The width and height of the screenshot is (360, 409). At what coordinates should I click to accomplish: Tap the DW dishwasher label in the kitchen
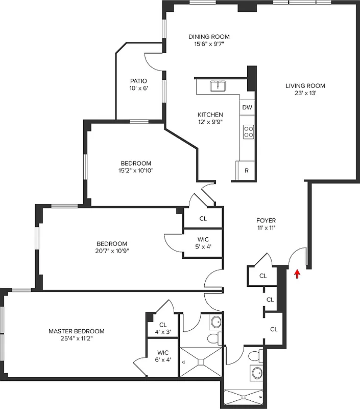coord(247,107)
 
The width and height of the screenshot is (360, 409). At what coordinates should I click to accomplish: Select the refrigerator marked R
coord(246,171)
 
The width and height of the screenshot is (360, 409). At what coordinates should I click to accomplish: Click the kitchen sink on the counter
coord(219,85)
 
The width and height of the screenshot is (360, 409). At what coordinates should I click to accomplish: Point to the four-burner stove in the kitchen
coord(248,132)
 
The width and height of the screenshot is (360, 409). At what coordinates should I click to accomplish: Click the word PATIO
coord(138,81)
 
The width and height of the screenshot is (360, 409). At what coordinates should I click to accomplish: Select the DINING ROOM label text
coord(209,36)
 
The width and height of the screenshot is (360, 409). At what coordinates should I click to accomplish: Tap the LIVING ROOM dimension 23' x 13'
coord(305,94)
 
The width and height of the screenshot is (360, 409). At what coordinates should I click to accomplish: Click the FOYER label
coord(266,220)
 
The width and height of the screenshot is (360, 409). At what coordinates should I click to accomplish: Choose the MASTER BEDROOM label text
coord(77,331)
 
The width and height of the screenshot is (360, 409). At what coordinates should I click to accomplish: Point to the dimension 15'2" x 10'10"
coord(132,171)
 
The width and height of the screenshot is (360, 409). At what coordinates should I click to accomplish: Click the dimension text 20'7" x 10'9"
coord(112,251)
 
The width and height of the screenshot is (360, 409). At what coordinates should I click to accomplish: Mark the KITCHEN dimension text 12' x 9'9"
coord(210,122)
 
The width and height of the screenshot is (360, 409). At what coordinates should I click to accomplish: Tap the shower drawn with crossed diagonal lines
coord(201,362)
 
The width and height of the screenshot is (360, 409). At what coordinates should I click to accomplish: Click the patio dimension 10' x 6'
coord(138,88)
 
